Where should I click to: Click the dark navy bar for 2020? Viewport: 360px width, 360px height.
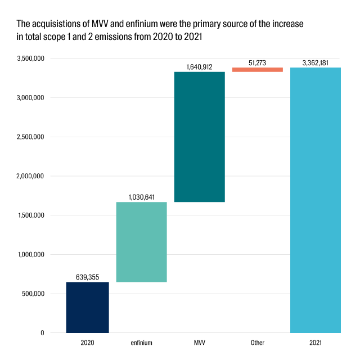[x=88, y=307]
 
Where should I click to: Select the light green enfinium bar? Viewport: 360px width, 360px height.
[x=141, y=242]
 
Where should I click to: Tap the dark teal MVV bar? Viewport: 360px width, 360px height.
[x=200, y=137]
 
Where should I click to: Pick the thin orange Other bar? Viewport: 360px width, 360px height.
[x=258, y=70]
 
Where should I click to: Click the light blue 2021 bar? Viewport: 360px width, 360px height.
[x=316, y=200]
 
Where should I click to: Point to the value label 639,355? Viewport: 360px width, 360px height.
[x=88, y=277]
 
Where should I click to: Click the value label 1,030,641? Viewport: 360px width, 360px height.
[x=141, y=197]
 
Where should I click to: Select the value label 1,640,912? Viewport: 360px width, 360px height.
[x=199, y=67]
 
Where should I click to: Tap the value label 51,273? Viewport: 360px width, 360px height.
[x=258, y=63]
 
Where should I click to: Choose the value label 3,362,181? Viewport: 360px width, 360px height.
[x=316, y=63]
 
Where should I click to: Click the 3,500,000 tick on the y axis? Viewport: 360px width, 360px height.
[x=30, y=58]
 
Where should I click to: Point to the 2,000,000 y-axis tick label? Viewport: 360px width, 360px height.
[x=30, y=176]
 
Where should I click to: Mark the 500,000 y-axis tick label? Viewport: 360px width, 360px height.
[x=33, y=294]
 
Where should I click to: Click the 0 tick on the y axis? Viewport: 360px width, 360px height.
[x=42, y=333]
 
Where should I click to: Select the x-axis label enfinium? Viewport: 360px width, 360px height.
[x=141, y=343]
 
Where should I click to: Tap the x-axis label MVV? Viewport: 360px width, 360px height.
[x=200, y=343]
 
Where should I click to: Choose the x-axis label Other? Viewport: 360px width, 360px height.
[x=258, y=343]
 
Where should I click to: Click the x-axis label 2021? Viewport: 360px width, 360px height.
[x=316, y=343]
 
